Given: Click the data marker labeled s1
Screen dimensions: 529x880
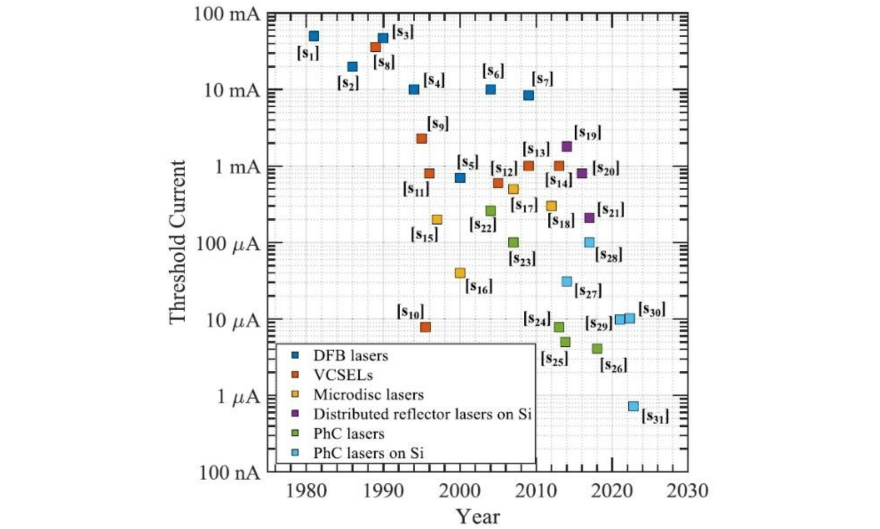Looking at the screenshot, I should pyautogui.click(x=314, y=36).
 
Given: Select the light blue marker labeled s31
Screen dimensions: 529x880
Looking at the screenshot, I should pyautogui.click(x=633, y=406).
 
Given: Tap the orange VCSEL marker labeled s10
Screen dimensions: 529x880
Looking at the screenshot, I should pyautogui.click(x=425, y=327).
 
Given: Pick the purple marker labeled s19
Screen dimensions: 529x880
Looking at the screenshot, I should pyautogui.click(x=566, y=146).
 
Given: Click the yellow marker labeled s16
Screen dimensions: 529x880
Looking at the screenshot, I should pyautogui.click(x=460, y=273).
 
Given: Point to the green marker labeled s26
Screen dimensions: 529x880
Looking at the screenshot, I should pyautogui.click(x=597, y=349).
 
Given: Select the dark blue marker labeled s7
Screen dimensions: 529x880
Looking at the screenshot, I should pyautogui.click(x=528, y=95).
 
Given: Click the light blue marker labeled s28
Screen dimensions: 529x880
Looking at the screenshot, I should pyautogui.click(x=589, y=242).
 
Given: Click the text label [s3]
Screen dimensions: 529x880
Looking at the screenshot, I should pyautogui.click(x=402, y=32).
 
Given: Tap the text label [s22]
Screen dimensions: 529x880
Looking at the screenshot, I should pyautogui.click(x=482, y=224).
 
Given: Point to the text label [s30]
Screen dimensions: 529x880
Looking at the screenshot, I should pyautogui.click(x=652, y=309).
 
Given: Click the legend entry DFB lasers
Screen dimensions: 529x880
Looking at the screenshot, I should pyautogui.click(x=350, y=356).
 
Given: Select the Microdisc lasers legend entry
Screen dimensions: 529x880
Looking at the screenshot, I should pyautogui.click(x=368, y=395).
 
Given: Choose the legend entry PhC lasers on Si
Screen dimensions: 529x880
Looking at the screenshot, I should pyautogui.click(x=368, y=453).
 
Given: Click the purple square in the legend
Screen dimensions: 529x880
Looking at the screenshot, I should pyautogui.click(x=295, y=414).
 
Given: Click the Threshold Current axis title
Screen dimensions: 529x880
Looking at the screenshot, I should pyautogui.click(x=177, y=242).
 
